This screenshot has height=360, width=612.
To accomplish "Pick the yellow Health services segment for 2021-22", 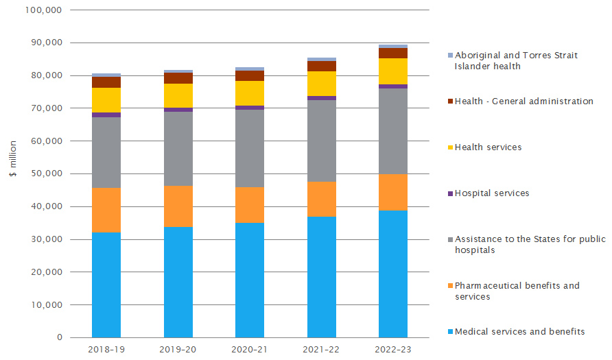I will point(322,84).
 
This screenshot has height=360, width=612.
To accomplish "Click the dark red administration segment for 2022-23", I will point(393,53).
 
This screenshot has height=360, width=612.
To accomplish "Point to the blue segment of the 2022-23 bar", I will point(393,274).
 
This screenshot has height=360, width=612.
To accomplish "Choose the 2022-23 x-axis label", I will point(393,350).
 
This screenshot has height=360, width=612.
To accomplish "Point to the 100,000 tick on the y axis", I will point(43,10).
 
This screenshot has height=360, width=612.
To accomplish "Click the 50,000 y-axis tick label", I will point(46,174).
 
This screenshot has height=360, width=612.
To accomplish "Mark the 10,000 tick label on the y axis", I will point(46,305).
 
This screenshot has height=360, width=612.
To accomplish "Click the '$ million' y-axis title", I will point(12,174).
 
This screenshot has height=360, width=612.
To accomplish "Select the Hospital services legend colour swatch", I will point(449,194).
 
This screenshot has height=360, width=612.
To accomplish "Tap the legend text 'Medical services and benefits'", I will point(519,332).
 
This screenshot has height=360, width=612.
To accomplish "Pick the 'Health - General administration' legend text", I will point(523,101).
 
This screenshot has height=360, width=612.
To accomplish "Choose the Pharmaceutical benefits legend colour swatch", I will point(449,286).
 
